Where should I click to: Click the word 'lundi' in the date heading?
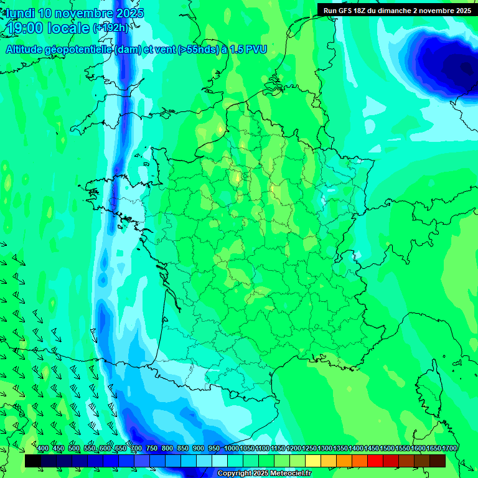point(20,13)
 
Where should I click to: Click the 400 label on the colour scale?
point(43,449)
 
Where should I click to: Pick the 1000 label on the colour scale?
point(232,449)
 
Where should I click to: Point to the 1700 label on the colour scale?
point(449,449)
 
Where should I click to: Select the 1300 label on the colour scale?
point(325,449)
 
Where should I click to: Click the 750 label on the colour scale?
point(152,449)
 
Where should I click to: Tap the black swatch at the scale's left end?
point(33,461)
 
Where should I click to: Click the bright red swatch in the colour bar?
point(375,461)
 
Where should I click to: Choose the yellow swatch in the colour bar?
point(313,461)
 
